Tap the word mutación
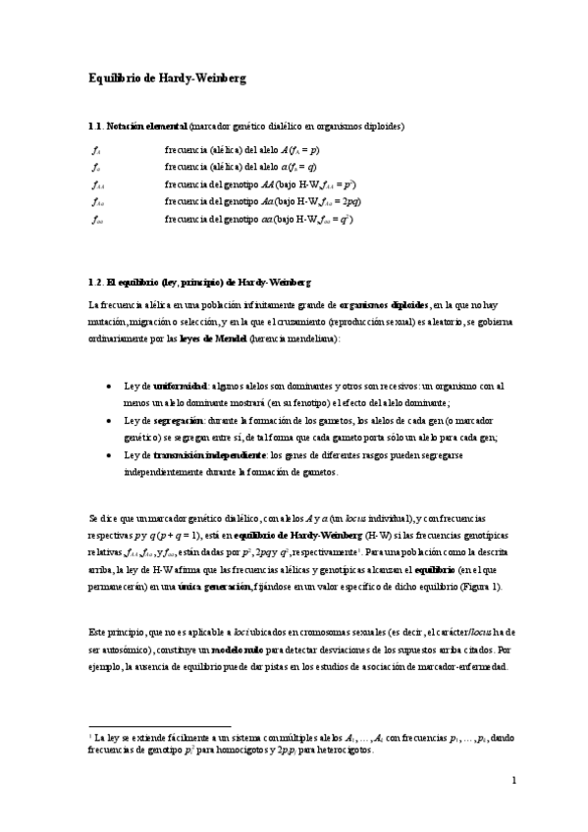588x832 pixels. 108,323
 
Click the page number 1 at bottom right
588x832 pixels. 513,781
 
